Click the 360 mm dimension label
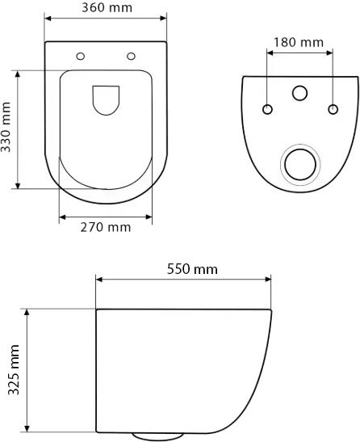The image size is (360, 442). [107, 9]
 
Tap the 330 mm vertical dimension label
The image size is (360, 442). [9, 128]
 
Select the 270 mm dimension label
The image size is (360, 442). [107, 227]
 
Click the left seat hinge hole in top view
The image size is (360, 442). [80, 56]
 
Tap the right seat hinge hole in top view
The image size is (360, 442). [132, 56]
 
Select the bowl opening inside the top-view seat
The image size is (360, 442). [106, 99]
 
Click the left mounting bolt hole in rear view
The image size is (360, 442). [267, 108]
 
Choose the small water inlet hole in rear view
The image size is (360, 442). [300, 94]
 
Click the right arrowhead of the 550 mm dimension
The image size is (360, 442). [270, 280]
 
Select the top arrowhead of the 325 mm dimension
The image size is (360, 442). [28, 311]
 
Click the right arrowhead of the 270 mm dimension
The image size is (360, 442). [149, 217]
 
